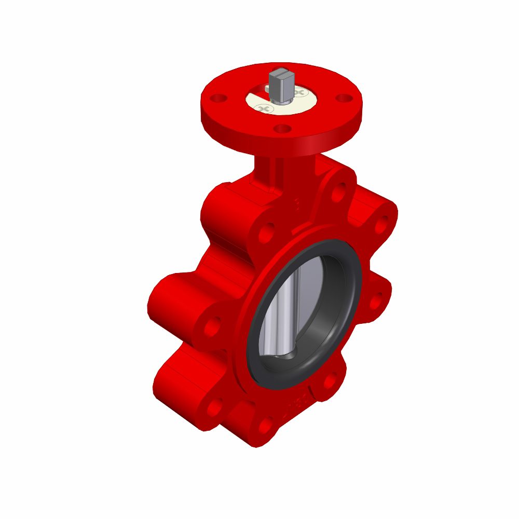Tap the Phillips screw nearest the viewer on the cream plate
265,108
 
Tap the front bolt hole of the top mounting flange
281,128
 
